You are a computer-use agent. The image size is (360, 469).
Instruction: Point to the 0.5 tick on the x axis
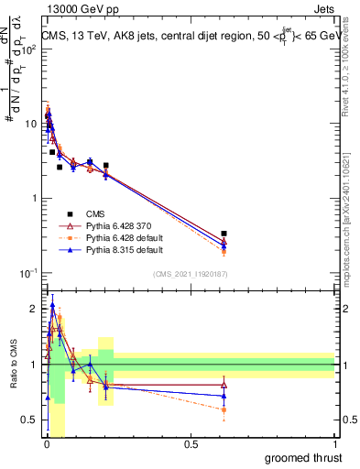pos(191,443)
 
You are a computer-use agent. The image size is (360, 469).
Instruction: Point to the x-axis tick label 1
pos(334,443)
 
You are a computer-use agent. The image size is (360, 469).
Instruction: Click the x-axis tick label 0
pos(46,443)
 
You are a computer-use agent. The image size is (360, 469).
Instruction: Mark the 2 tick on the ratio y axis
pos(35,309)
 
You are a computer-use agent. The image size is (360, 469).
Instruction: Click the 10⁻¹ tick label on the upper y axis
pos(27,273)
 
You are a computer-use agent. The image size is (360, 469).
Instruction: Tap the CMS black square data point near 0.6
pos(224,234)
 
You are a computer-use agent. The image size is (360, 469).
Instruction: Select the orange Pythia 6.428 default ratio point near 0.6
pos(224,409)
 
